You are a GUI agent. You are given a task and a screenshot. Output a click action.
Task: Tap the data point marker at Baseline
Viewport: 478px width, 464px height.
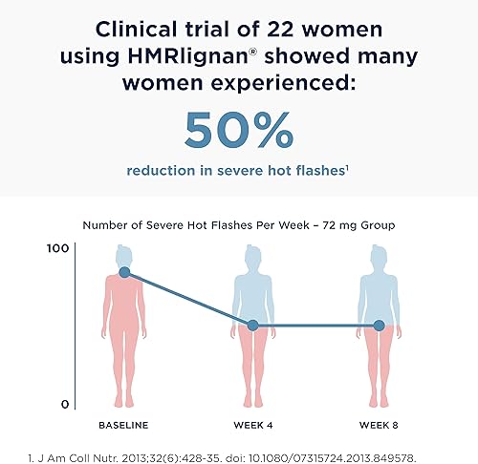125,272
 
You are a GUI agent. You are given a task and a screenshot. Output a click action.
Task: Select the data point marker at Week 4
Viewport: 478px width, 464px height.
252,326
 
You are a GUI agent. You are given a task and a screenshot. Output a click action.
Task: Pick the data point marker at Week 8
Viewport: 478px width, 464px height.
379,326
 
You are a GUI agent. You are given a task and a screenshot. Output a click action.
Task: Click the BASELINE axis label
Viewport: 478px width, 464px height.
125,423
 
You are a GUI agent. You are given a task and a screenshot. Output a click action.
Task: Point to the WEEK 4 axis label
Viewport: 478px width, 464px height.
252,423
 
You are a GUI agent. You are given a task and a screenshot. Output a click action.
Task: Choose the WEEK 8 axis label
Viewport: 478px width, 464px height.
379,423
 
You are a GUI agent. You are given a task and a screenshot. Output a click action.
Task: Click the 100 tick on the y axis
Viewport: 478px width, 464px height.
57,248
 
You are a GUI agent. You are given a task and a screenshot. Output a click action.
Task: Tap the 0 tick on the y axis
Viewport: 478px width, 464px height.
64,404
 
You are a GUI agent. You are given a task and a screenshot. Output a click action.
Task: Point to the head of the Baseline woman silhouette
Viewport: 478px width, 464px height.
125,256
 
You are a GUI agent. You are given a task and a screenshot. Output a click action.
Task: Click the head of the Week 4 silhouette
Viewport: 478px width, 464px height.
252,256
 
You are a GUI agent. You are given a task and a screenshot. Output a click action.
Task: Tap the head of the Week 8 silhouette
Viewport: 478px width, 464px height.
379,256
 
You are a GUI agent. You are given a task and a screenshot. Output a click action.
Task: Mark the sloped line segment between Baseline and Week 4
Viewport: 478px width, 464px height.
188,299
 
